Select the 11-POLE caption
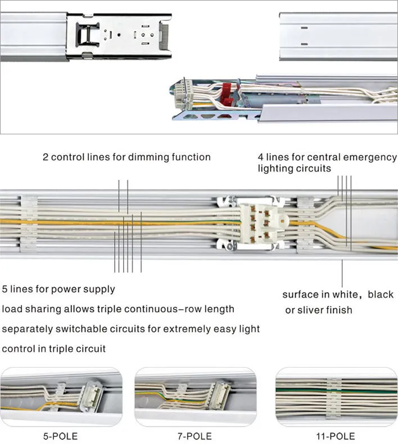[336, 436]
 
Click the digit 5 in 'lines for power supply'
[6, 289]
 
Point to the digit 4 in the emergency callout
[261, 157]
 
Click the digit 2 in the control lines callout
[46, 157]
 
